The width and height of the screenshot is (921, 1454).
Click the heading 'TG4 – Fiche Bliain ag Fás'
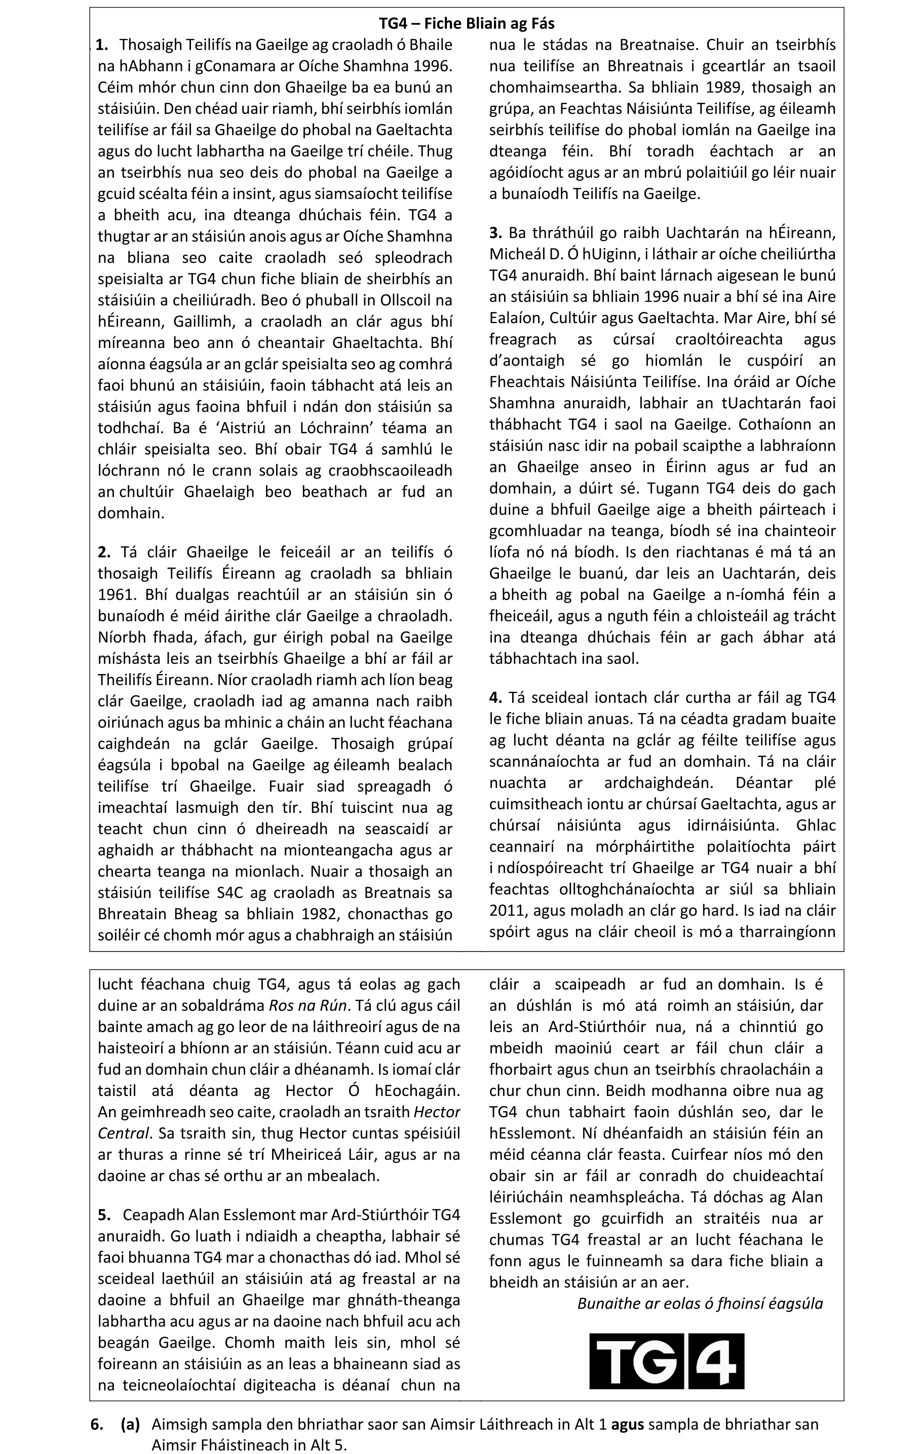(x=466, y=23)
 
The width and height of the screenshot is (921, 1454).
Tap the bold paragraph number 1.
(x=102, y=45)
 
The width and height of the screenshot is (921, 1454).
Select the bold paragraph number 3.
(x=495, y=233)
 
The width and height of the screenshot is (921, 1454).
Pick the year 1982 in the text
(x=320, y=914)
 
